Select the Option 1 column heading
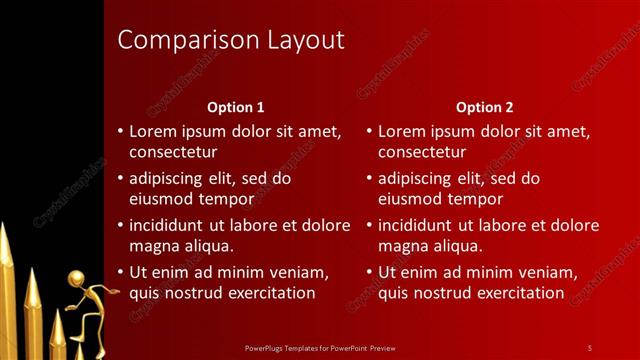pos(236,107)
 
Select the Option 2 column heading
pos(484,107)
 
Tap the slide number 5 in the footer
pos(589,347)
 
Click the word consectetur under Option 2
pos(422,152)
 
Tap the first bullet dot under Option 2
pos(369,132)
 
